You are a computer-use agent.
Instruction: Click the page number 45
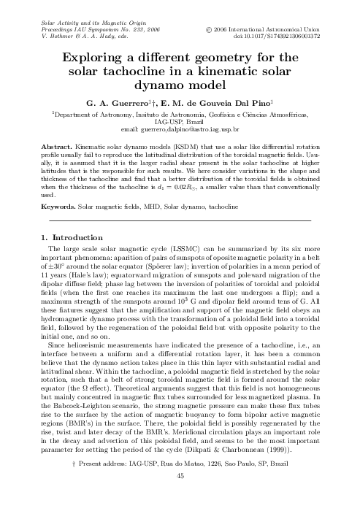pyautogui.click(x=180, y=496)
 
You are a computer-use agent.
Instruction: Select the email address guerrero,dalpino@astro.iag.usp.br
pyautogui.click(x=180, y=129)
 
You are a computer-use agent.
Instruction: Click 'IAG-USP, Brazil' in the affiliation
pyautogui.click(x=180, y=122)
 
